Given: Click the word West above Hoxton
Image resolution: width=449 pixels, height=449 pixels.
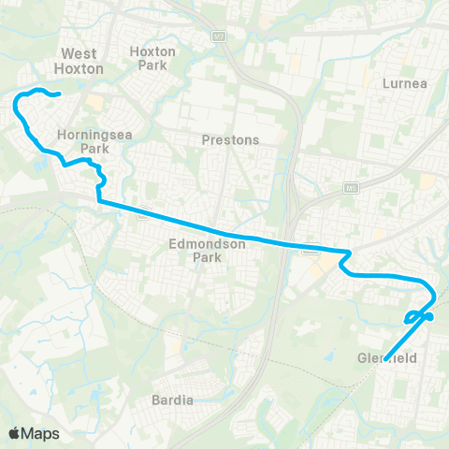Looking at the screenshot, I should click(80, 54).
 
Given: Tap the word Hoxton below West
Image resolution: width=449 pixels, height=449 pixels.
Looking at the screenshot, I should click(80, 68).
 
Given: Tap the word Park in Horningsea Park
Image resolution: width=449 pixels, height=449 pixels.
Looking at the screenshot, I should click(94, 148).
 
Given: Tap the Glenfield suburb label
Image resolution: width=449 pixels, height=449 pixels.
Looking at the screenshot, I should click(385, 358).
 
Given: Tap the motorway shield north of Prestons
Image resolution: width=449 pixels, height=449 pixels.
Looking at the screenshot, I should click(220, 36).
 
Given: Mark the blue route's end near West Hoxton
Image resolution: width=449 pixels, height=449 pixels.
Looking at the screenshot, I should click(59, 94).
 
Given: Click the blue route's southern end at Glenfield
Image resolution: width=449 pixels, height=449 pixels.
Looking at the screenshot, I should click(384, 353).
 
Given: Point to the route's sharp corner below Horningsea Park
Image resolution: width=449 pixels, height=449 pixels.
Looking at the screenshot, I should click(98, 200).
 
